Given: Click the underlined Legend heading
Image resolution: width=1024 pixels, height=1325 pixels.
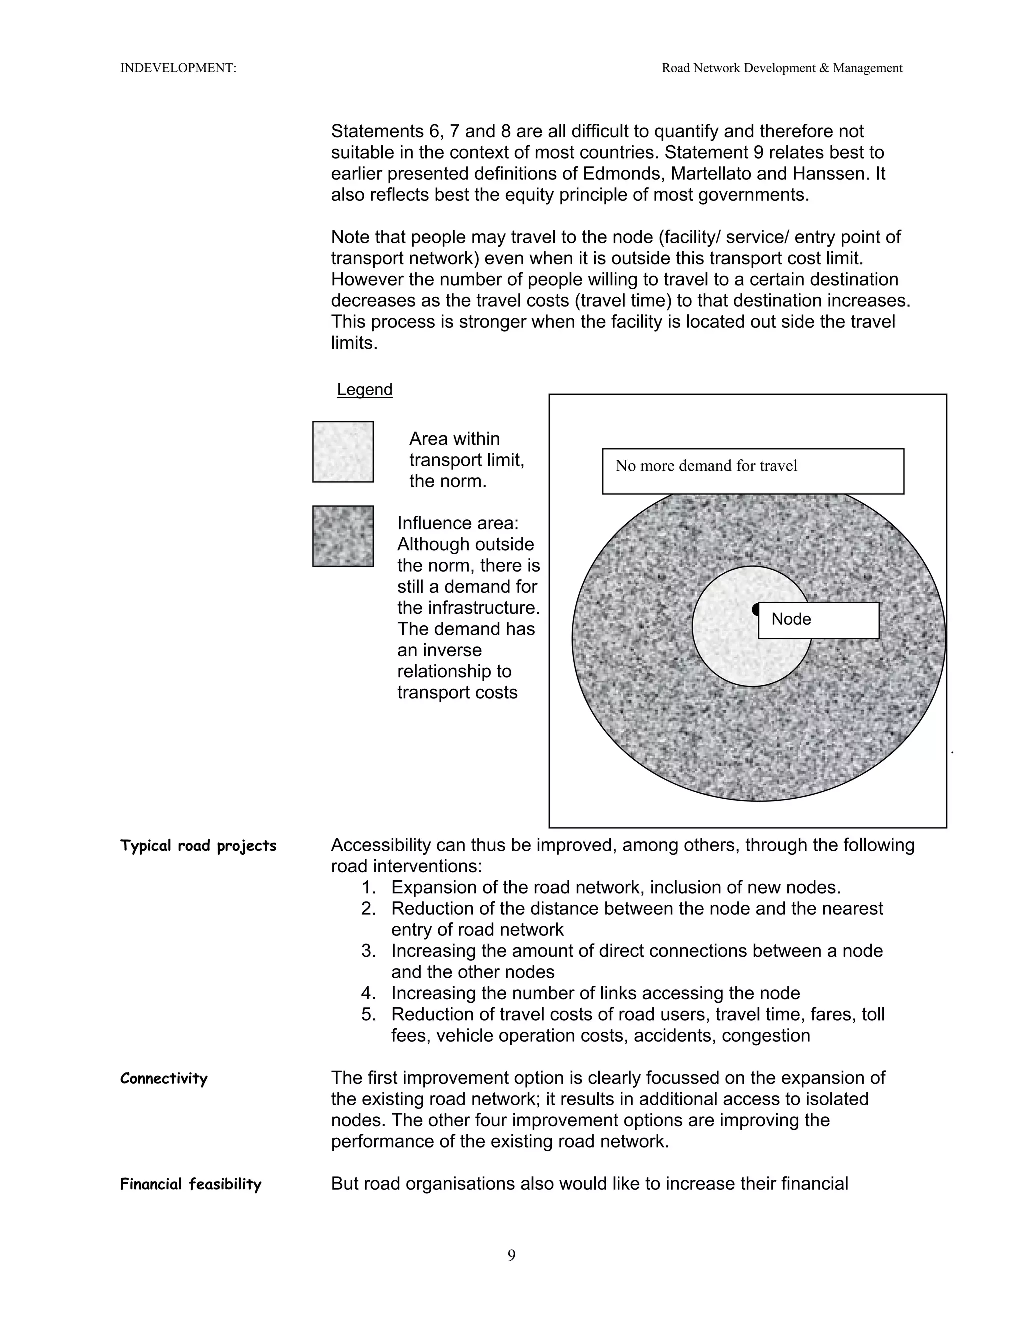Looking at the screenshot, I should pyautogui.click(x=364, y=389).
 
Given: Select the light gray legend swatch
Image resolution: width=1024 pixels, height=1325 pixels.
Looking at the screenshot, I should pyautogui.click(x=342, y=452).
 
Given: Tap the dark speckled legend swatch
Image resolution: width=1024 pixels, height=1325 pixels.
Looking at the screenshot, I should pyautogui.click(x=342, y=536).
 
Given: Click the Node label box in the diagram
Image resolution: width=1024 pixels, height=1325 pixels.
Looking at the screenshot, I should pyautogui.click(x=818, y=620).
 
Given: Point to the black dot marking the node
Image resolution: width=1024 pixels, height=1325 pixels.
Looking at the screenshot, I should pyautogui.click(x=755, y=609).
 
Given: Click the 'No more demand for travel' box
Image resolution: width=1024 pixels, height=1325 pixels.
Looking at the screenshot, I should pyautogui.click(x=753, y=471).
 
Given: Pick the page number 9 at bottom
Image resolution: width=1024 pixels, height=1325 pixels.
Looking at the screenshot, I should pyautogui.click(x=511, y=1255).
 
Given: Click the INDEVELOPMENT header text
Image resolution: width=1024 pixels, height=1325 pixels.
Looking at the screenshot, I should pyautogui.click(x=178, y=68).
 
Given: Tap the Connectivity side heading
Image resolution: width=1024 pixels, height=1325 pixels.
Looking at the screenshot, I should pyautogui.click(x=164, y=1078).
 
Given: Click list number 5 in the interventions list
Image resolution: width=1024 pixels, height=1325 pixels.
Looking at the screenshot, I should pyautogui.click(x=369, y=1014).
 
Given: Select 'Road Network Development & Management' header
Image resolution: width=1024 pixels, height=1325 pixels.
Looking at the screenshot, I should pyautogui.click(x=782, y=68).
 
